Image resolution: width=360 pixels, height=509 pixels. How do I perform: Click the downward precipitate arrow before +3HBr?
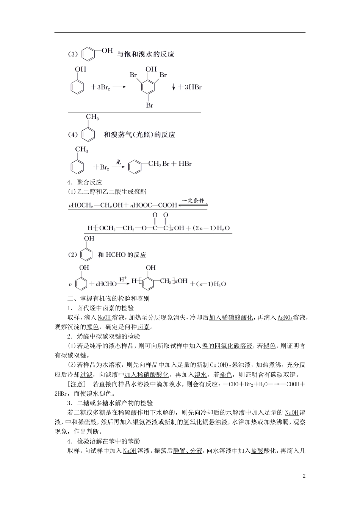[174, 87]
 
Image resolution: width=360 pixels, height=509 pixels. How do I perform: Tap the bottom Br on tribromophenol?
[150, 105]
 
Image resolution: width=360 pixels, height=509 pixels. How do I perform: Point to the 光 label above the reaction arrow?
[118, 162]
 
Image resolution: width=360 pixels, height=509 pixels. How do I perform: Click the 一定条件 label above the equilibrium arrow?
[193, 200]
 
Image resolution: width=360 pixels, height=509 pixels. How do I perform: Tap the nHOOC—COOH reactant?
[153, 205]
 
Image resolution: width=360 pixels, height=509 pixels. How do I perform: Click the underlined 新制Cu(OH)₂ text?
[213, 365]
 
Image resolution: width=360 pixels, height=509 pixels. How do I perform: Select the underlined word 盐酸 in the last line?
[257, 451]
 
